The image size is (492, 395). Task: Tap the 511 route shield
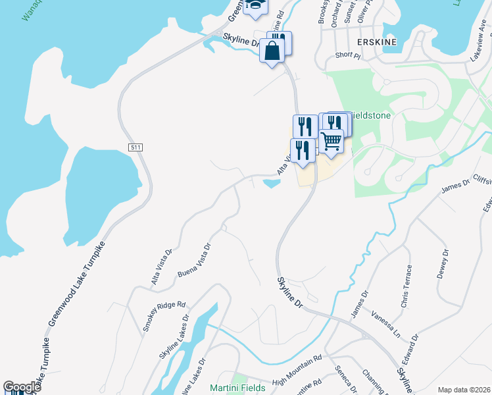pos(135,147)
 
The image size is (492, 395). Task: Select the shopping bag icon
pos(272,50)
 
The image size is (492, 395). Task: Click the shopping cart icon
pos(332,141)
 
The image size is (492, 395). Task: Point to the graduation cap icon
pos(255,5)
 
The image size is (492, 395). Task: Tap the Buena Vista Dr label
pos(194,261)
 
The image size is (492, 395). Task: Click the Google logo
pos(22,387)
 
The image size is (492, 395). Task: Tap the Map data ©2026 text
pos(464,390)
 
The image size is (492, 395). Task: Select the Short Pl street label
pos(348,56)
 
